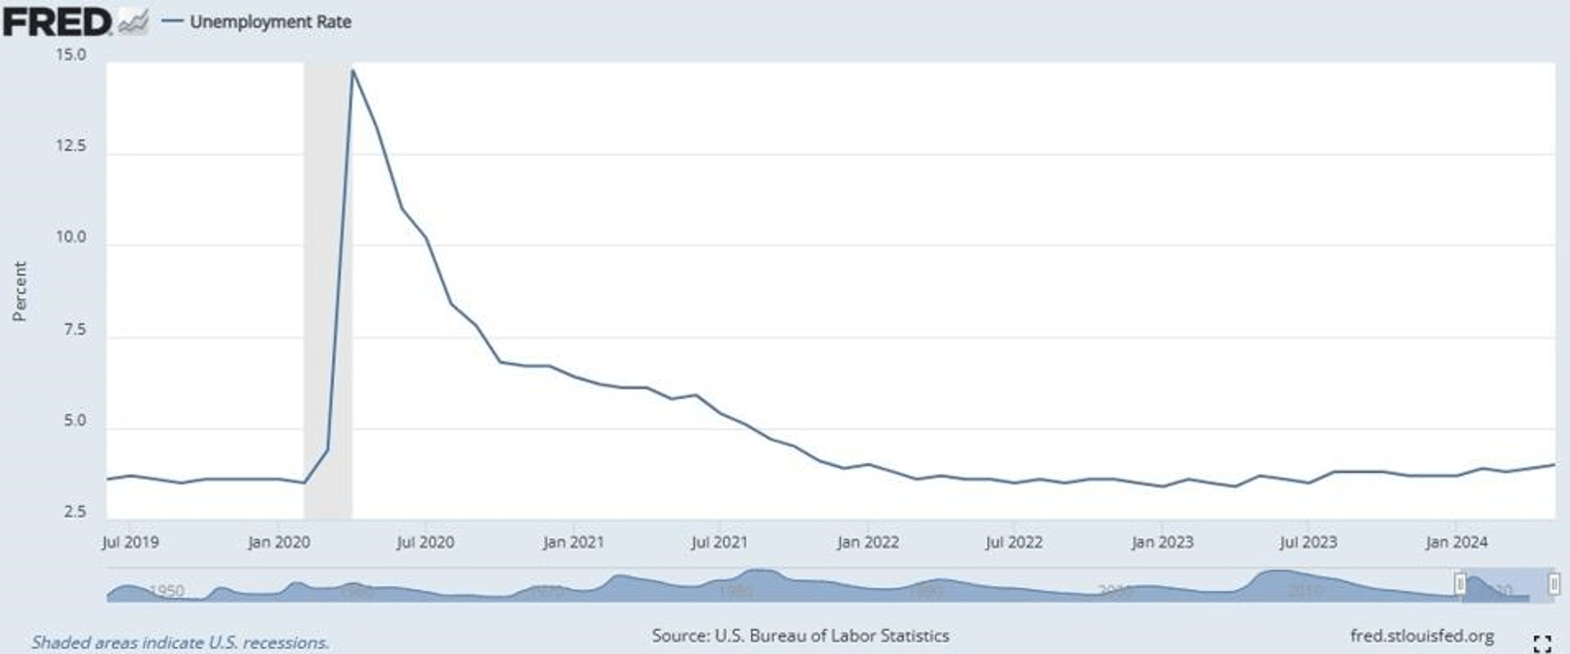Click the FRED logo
click(x=58, y=21)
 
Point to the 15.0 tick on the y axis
click(x=71, y=55)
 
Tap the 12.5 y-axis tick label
click(x=71, y=146)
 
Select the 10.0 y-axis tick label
click(x=71, y=237)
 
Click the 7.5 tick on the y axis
click(x=75, y=329)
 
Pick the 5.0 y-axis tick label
click(x=75, y=421)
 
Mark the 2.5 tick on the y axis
click(x=75, y=512)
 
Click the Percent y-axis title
click(x=19, y=291)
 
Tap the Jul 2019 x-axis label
click(x=130, y=543)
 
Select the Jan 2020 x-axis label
click(x=279, y=543)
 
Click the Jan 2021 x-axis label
click(x=573, y=543)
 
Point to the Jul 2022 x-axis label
click(x=1013, y=543)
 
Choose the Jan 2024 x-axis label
click(x=1456, y=543)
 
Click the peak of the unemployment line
click(x=353, y=71)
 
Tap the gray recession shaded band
click(x=327, y=291)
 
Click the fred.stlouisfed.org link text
click(x=1421, y=637)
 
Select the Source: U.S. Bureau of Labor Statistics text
click(x=800, y=637)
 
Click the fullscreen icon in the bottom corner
click(x=1542, y=642)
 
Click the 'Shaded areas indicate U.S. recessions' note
click(x=180, y=642)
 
